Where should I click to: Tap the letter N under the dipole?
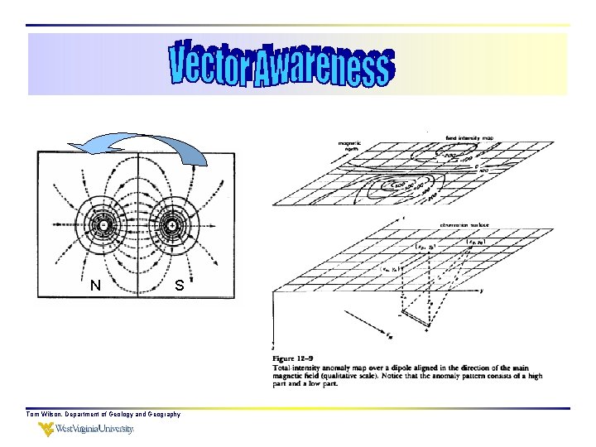[96, 286]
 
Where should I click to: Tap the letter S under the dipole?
[179, 286]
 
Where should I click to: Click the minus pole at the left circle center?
[103, 224]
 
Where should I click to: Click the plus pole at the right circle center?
[172, 224]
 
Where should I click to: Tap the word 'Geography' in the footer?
[161, 414]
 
